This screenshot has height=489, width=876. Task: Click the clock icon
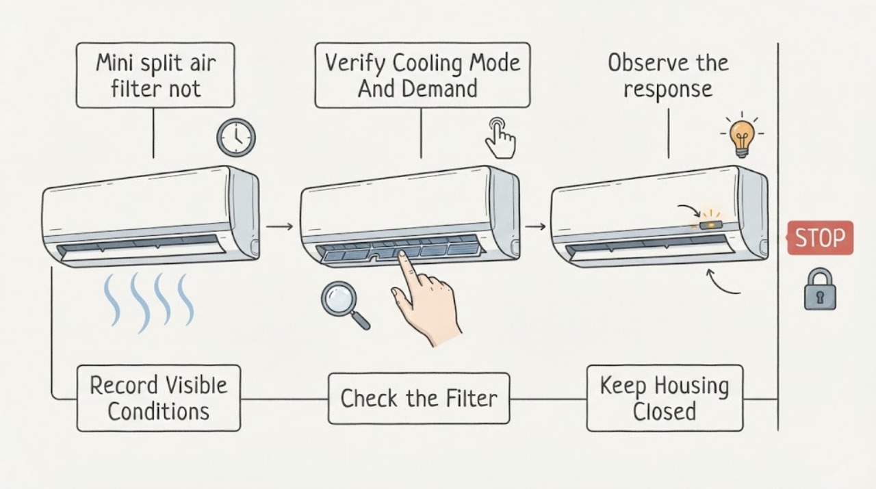click(x=236, y=137)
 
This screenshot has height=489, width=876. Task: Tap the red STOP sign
click(x=820, y=237)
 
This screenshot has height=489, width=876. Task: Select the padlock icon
click(x=820, y=289)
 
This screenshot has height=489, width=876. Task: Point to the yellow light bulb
click(x=742, y=137)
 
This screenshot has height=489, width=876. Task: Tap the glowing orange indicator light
click(x=710, y=225)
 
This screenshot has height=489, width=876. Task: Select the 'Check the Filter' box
click(x=419, y=398)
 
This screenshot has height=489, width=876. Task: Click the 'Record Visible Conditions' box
click(x=158, y=398)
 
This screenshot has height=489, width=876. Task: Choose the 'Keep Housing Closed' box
click(x=665, y=398)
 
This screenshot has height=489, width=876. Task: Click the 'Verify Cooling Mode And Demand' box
click(x=422, y=75)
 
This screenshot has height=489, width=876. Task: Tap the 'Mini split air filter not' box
click(x=155, y=75)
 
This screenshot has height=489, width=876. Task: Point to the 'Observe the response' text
click(x=668, y=76)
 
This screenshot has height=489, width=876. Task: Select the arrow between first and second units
click(x=279, y=226)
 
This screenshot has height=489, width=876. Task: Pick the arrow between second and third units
click(x=535, y=226)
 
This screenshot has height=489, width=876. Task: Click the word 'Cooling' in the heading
click(x=428, y=64)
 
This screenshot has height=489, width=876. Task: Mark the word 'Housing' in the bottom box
click(x=691, y=386)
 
